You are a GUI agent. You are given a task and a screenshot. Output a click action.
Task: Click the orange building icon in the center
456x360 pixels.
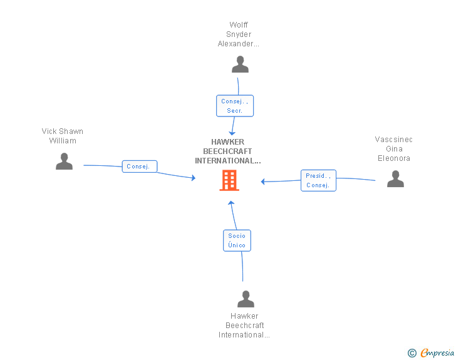point(229,180)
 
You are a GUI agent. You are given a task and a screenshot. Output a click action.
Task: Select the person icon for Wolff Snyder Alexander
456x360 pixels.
point(241,64)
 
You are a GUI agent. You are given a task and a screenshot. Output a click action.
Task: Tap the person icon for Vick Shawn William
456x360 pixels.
point(64,161)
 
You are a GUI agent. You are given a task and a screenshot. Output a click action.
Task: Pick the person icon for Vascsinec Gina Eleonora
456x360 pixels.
point(395,179)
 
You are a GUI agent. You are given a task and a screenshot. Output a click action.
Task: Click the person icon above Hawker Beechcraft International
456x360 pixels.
point(246,299)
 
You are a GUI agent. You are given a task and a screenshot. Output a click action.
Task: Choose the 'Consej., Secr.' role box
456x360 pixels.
point(235,106)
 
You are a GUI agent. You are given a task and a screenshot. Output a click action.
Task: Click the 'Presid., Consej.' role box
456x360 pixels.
point(318,180)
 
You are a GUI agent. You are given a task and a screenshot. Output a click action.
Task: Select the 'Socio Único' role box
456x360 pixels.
point(237,240)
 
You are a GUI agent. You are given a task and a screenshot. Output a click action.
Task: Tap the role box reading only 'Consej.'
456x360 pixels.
point(140,167)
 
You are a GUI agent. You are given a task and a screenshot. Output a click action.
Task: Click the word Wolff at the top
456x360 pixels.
point(239,24)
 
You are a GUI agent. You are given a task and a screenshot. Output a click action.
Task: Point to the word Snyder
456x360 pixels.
point(239,34)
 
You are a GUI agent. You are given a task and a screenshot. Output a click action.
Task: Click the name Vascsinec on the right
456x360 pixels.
point(394,140)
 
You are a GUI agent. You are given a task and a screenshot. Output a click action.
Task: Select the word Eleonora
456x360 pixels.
point(394,158)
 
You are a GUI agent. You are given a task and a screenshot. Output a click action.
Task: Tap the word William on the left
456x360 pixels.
point(63,141)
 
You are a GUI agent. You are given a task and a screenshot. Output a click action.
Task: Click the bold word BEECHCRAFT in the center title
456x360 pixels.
point(227,152)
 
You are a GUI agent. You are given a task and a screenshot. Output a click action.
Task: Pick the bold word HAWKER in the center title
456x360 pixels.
point(228,142)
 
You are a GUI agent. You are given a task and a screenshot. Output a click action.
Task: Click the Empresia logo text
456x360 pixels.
point(437,352)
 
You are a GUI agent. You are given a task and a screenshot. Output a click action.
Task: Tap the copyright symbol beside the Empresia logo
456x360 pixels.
point(412,353)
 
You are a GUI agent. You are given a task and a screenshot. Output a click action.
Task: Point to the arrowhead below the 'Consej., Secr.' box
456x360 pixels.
point(232,133)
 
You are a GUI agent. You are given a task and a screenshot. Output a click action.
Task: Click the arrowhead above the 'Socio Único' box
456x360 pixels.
point(231,203)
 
